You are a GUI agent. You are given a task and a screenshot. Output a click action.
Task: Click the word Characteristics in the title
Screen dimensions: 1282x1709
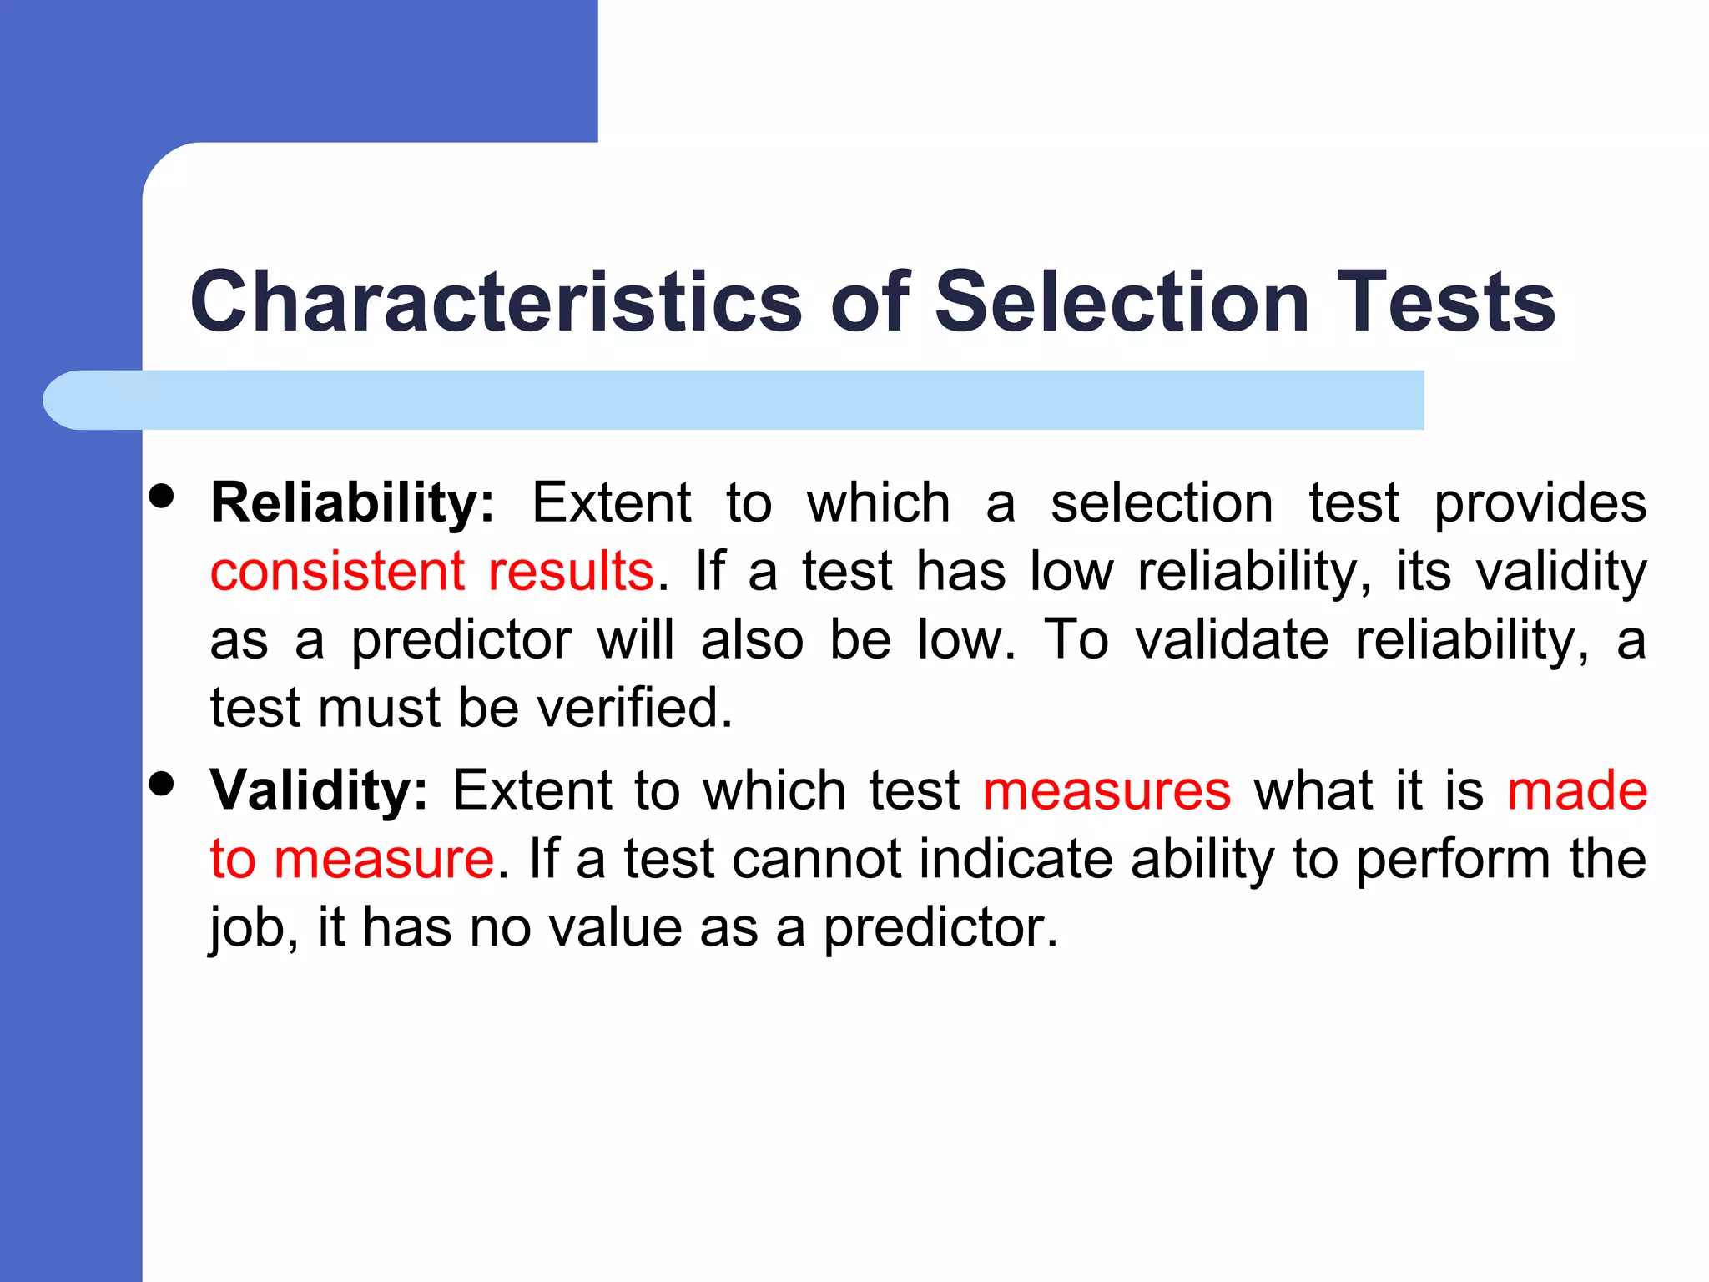click(496, 301)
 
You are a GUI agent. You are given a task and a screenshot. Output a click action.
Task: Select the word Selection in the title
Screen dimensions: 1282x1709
click(1122, 301)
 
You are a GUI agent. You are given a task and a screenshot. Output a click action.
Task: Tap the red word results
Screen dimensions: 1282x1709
click(571, 573)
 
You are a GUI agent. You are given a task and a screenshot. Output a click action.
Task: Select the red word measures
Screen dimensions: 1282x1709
click(1107, 791)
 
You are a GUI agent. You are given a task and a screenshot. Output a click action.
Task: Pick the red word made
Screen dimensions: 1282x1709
click(1576, 791)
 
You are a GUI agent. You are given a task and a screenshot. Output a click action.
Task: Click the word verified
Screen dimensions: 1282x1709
click(634, 709)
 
